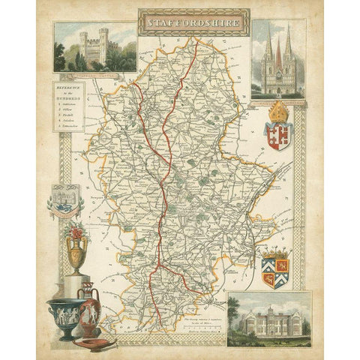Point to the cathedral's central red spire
click(277, 53)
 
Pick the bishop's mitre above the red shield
click(279, 112)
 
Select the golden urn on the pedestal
click(76, 255)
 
